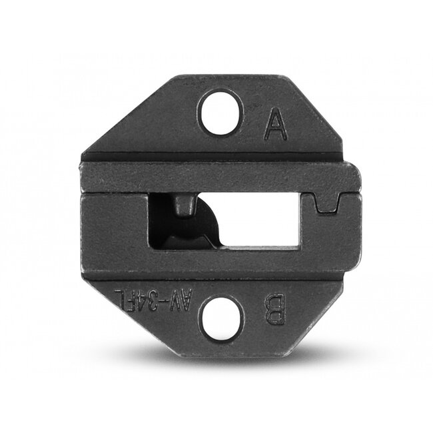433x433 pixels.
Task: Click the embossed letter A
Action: click(275, 125)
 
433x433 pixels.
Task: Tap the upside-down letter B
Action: click(275, 309)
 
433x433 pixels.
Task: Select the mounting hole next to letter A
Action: click(219, 111)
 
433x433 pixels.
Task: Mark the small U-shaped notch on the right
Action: click(329, 203)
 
